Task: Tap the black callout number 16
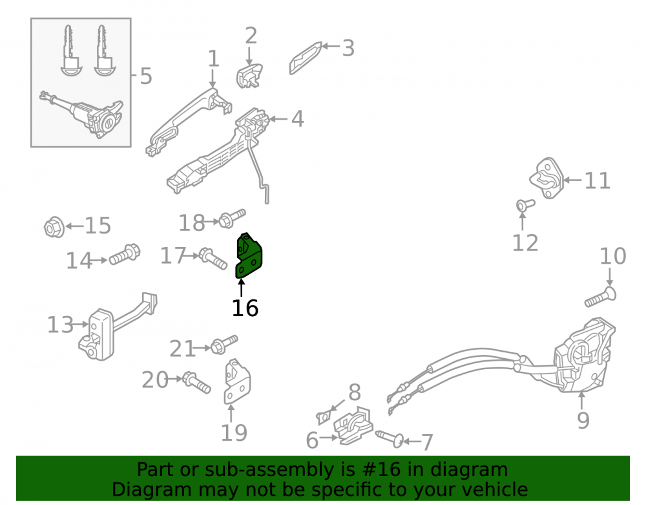(x=245, y=308)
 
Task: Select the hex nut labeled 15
(x=54, y=226)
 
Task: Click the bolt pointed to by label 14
(x=125, y=254)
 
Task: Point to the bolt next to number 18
(x=231, y=219)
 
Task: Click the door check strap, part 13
(x=118, y=327)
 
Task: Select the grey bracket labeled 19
(x=236, y=381)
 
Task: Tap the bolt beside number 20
(x=196, y=382)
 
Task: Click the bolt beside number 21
(x=224, y=345)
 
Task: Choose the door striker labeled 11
(x=547, y=178)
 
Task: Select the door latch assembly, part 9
(x=583, y=356)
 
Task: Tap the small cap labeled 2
(x=249, y=76)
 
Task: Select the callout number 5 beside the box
(x=146, y=76)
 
